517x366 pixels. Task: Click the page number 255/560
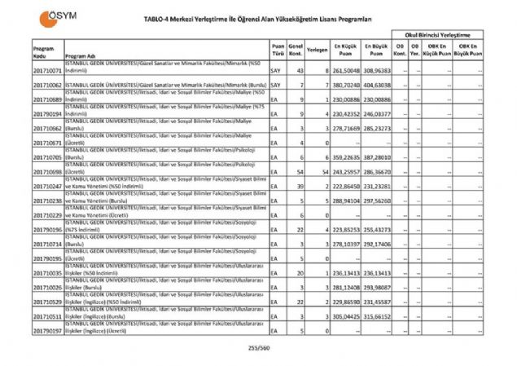(x=258, y=347)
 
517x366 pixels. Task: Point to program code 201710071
(x=48, y=71)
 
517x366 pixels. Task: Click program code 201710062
(x=48, y=84)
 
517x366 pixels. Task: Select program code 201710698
(x=48, y=174)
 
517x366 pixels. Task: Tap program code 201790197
(x=48, y=332)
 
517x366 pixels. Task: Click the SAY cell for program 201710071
(x=275, y=71)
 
